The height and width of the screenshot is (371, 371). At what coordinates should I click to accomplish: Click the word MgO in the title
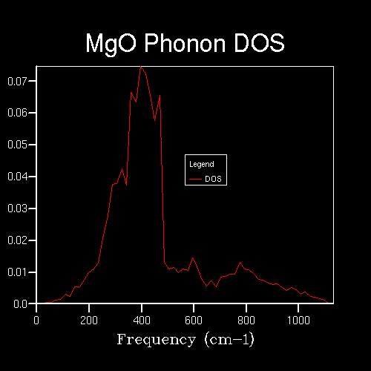tap(111, 44)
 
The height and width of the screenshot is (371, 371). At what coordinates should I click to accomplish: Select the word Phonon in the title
tap(185, 43)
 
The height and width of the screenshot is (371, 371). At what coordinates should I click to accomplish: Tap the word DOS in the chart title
tap(260, 43)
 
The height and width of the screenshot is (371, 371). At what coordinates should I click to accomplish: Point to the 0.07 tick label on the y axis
tap(17, 81)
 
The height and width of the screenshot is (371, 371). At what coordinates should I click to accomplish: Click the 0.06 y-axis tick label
tap(17, 113)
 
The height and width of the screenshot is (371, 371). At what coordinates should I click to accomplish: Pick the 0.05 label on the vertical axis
tap(17, 145)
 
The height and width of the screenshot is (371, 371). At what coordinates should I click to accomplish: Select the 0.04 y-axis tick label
tap(17, 177)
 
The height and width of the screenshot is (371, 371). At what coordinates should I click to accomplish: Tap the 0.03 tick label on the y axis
tap(17, 209)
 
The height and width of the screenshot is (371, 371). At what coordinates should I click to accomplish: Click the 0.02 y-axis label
tap(17, 240)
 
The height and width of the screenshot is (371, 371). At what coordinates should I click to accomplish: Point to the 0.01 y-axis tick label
tap(17, 272)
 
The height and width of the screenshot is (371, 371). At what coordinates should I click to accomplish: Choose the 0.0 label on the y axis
tap(20, 304)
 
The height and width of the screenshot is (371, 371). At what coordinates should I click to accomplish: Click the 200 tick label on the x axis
tap(89, 321)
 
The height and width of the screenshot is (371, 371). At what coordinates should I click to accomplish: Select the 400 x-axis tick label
tap(142, 321)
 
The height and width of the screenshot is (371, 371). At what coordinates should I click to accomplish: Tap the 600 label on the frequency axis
tap(194, 321)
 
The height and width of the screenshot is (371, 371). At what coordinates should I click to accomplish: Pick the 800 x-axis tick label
tap(246, 321)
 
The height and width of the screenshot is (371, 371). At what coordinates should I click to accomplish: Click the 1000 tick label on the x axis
tap(298, 321)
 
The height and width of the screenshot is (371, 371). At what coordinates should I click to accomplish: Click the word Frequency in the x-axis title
tap(157, 340)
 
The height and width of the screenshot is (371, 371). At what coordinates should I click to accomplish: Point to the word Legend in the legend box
tap(202, 165)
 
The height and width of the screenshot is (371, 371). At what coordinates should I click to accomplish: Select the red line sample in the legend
tap(195, 179)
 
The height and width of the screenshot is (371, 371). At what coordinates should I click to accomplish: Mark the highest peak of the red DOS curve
tap(141, 66)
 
